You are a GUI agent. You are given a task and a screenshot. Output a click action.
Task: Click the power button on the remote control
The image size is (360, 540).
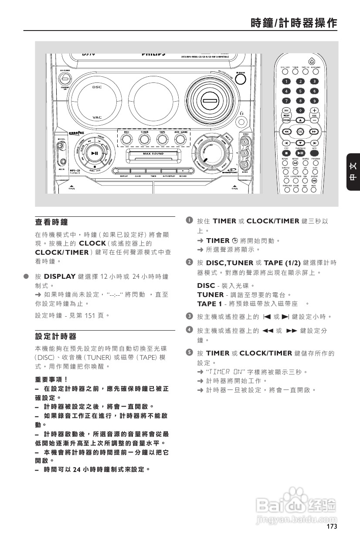coord(311,62)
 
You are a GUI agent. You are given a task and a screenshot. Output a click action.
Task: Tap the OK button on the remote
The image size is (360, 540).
coord(300,131)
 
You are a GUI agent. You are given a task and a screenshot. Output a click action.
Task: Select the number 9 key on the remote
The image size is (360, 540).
coord(313,101)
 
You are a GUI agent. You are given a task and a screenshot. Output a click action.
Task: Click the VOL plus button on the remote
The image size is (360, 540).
coord(314,110)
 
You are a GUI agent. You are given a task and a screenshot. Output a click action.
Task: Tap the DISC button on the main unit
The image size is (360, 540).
coord(126,139)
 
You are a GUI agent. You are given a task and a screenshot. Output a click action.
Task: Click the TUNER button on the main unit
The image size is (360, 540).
coord(144,139)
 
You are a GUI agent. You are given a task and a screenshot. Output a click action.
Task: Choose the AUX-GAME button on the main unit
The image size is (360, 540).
coord(180,139)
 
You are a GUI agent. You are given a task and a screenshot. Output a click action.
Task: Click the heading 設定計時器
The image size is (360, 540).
coord(55,336)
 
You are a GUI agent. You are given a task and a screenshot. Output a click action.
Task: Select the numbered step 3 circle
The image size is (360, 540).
coord(189,315)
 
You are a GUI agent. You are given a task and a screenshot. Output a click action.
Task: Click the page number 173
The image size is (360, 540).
coord(332,526)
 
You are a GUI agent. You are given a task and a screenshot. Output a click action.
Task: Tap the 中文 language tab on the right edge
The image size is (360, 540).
coord(353,172)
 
